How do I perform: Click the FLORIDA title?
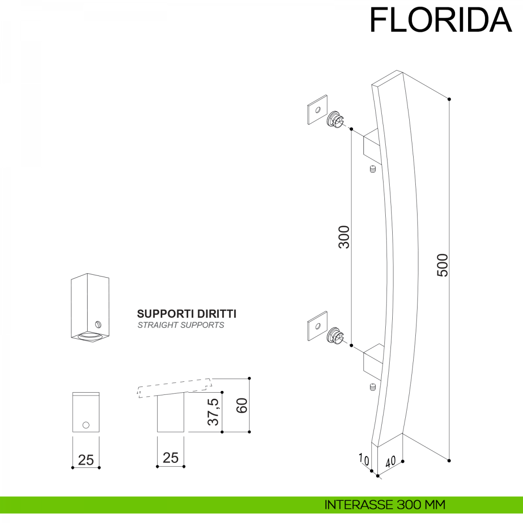[x=440, y=20]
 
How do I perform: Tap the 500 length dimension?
[x=442, y=265]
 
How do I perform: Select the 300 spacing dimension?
[x=344, y=237]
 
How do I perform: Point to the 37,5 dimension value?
[x=213, y=411]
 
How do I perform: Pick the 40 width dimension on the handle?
[x=390, y=461]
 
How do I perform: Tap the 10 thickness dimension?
[x=363, y=459]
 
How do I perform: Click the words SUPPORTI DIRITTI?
[x=187, y=314]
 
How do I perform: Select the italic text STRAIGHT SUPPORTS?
[x=181, y=325]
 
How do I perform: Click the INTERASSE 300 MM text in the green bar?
[x=385, y=505]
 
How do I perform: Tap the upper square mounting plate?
[x=317, y=109]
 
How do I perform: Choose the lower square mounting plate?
[x=317, y=326]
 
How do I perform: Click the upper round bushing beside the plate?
[x=335, y=119]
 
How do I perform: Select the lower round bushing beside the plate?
[x=335, y=335]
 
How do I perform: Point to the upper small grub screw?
[x=372, y=169]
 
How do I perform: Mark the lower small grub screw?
[x=372, y=387]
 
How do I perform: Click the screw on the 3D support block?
[x=98, y=324]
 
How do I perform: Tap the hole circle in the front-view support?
[x=86, y=425]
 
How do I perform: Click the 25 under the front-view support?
[x=86, y=460]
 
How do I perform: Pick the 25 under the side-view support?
[x=170, y=458]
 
